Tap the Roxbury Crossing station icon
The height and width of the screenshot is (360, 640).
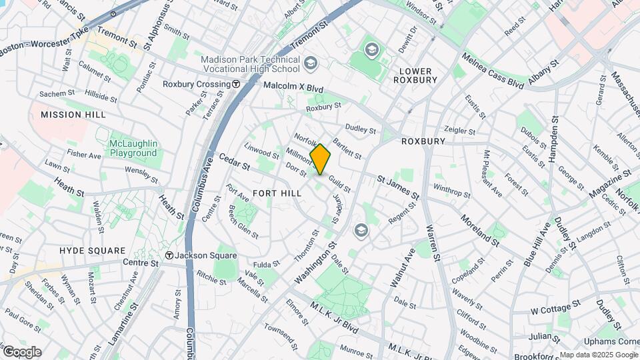point(236,85)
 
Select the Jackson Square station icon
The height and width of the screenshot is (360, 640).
point(170,255)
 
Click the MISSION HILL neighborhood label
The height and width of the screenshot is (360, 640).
point(73,115)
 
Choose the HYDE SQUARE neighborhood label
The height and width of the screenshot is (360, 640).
point(92,251)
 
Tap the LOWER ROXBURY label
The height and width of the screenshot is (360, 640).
point(415,75)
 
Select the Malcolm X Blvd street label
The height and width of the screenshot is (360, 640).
point(293,87)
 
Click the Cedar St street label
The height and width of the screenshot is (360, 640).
point(234,162)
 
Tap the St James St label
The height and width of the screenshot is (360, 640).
point(397,187)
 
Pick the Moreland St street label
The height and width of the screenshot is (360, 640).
point(479,230)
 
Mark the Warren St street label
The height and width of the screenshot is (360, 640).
point(433,243)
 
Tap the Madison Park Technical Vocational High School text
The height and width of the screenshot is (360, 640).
point(250,64)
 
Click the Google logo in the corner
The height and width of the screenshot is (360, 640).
point(21,351)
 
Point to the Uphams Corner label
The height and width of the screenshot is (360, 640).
point(619,341)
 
